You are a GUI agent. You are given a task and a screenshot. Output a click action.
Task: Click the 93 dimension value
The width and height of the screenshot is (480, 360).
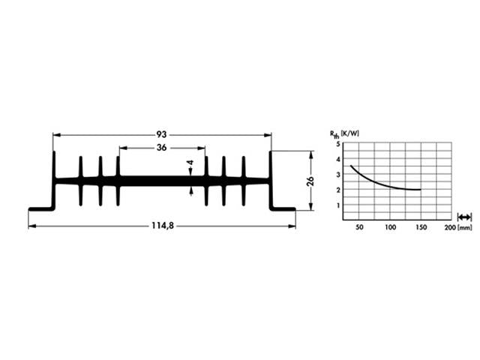point(161,134)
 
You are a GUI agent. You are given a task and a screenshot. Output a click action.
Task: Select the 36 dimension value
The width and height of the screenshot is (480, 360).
point(161,148)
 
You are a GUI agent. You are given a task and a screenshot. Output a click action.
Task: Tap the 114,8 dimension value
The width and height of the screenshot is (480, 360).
point(161,226)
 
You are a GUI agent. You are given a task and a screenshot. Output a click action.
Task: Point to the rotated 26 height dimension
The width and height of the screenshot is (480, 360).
point(310,181)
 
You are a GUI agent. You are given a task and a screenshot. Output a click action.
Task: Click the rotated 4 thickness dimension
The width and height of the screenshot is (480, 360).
point(191,163)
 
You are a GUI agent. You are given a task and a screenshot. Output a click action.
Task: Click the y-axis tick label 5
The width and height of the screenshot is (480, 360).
point(338,143)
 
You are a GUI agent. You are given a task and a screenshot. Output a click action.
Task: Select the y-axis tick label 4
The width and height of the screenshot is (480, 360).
point(338,159)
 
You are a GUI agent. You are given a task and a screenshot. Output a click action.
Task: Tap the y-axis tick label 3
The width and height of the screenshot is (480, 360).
point(338,175)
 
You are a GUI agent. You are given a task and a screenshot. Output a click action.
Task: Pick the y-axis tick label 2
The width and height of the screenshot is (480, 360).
point(338,190)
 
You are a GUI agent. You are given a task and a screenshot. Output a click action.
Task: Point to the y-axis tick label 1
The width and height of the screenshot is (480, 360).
point(338,205)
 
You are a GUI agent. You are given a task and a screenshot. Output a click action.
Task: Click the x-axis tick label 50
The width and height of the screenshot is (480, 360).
point(359,226)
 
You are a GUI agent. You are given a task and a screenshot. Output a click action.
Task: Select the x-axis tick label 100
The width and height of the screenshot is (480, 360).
point(390,226)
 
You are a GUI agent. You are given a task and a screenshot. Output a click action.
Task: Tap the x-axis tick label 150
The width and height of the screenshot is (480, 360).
point(420,226)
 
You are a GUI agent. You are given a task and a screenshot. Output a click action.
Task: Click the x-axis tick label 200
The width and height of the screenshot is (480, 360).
point(448,226)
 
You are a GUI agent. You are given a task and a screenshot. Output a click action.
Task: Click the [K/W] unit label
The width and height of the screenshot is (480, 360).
point(352,133)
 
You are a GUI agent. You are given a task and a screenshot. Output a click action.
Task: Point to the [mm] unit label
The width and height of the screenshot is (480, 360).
point(465,226)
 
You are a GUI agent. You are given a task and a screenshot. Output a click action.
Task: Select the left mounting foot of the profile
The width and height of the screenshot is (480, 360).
point(40,209)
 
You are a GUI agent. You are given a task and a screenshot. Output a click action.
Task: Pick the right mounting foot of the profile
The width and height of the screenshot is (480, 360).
point(283,209)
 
